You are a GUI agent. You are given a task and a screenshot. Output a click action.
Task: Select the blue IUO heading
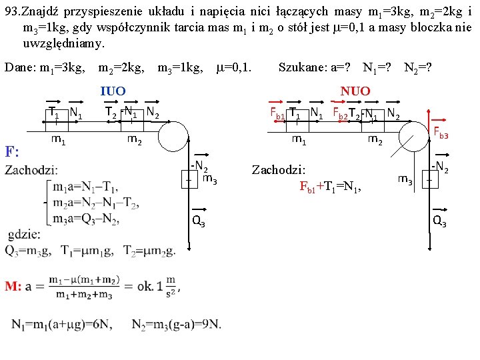tap(112, 91)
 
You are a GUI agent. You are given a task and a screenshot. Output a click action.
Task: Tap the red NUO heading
tap(355, 91)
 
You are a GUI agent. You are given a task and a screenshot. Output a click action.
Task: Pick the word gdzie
tap(23, 235)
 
